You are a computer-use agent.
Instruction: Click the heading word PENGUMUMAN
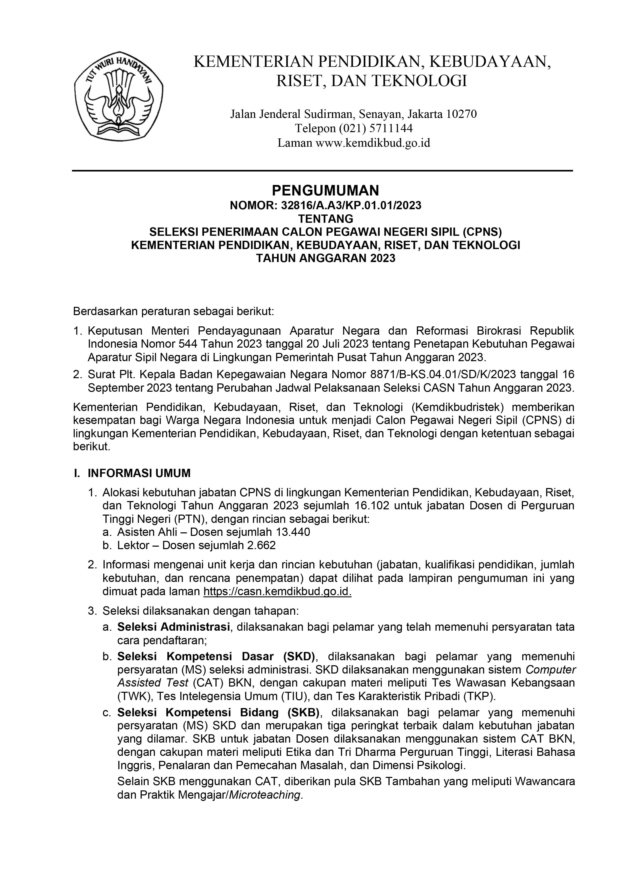click(325, 190)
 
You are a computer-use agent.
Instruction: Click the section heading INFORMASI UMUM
click(139, 474)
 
